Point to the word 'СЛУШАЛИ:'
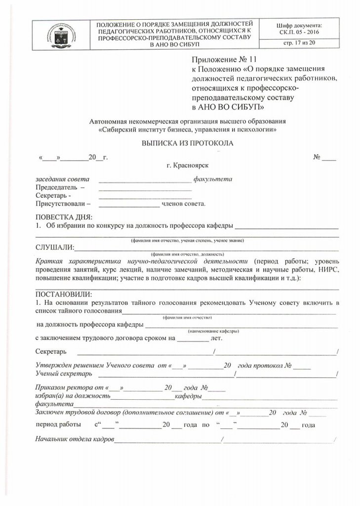(x=54, y=247)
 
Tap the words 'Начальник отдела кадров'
(x=75, y=439)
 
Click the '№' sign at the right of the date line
(x=317, y=157)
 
